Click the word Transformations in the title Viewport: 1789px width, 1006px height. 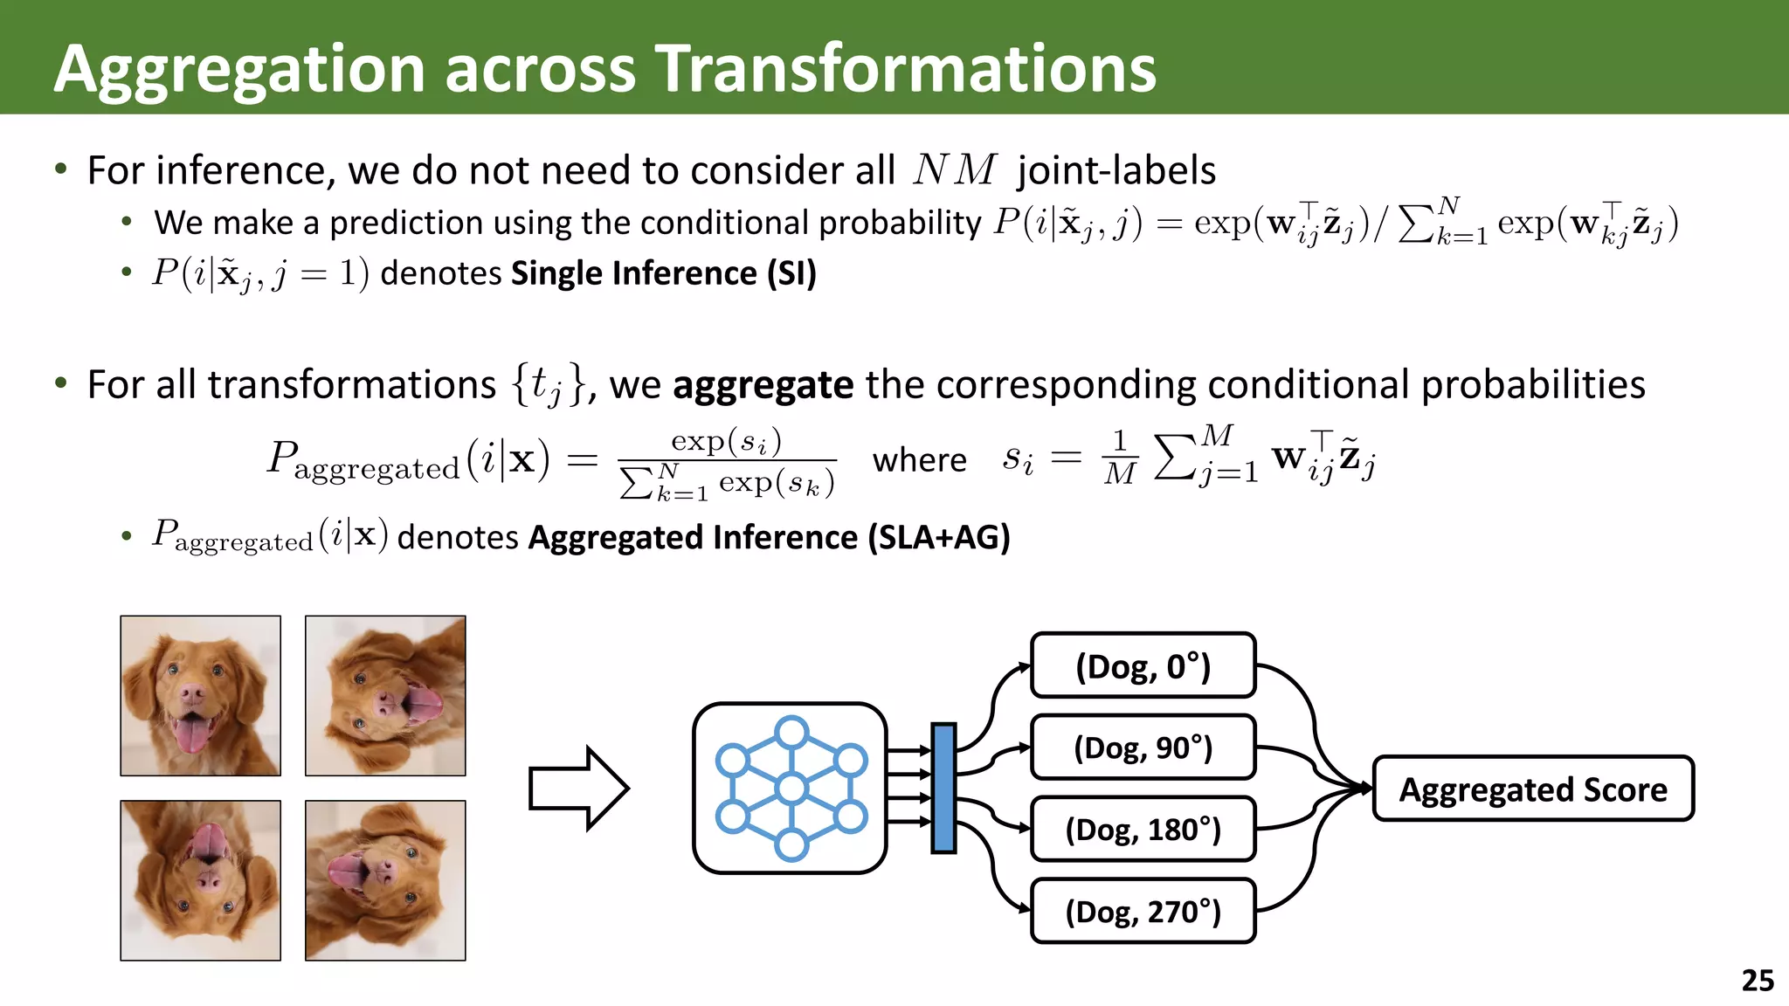905,68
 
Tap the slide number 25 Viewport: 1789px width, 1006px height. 1757,980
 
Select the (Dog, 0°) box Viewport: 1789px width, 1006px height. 1143,665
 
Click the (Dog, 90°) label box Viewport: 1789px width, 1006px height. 1143,748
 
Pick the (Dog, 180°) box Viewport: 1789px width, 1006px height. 1143,829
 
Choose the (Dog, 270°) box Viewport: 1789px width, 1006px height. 1143,911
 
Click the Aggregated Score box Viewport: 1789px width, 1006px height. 1533,789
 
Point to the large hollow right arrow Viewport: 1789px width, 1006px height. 577,788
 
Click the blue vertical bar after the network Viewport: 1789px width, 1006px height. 943,788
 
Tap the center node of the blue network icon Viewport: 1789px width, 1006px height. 791,789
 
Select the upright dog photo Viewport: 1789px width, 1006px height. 201,696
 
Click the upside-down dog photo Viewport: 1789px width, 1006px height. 201,880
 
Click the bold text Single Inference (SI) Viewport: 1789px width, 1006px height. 663,273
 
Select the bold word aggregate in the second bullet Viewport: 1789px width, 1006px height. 763,385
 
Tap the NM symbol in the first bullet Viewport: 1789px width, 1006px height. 953,169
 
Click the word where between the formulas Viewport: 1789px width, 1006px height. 919,459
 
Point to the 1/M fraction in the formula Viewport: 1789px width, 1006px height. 1119,457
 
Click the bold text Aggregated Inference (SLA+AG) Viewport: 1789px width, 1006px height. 769,537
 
